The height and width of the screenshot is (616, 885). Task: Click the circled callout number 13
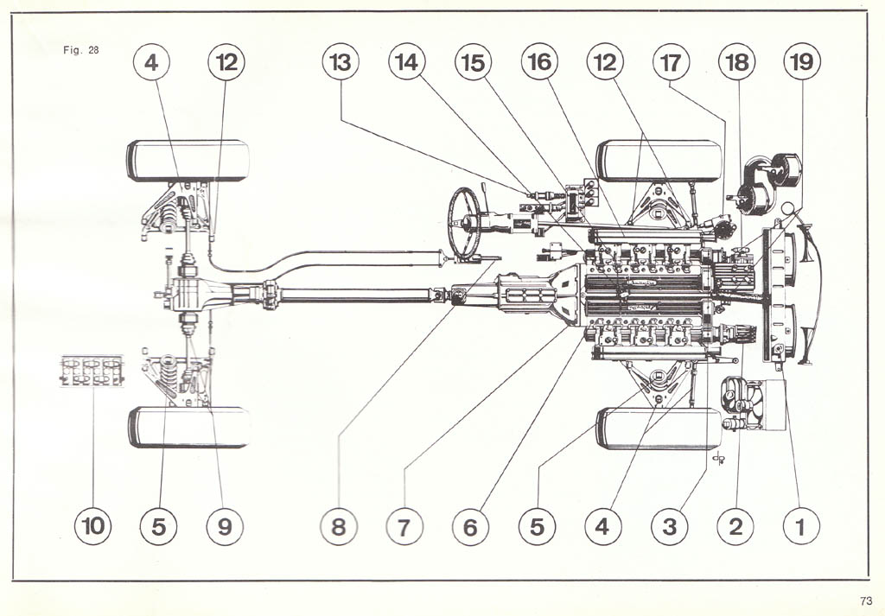click(340, 62)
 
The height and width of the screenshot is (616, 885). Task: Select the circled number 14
click(407, 62)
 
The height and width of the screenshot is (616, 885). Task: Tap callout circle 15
click(473, 62)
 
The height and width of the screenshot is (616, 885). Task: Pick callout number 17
click(670, 62)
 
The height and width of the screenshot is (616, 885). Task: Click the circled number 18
click(736, 62)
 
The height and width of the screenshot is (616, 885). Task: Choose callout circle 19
click(801, 62)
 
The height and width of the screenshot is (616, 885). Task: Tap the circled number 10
click(92, 525)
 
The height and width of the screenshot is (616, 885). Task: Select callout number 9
click(225, 525)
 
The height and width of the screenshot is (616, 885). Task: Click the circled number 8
click(338, 525)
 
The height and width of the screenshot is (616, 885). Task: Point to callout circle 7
click(404, 525)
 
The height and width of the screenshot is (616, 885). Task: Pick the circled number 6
click(470, 525)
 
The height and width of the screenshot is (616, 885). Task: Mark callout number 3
click(670, 525)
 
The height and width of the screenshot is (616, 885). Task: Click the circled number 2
click(735, 525)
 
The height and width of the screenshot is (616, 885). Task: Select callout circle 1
click(800, 525)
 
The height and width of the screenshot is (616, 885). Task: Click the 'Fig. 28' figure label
click(81, 49)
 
